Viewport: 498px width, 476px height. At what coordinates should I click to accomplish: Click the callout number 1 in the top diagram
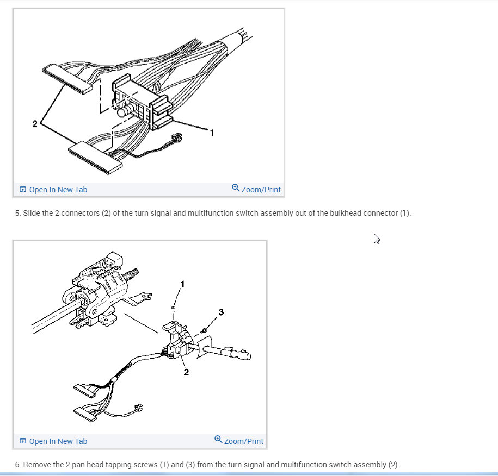[x=212, y=133]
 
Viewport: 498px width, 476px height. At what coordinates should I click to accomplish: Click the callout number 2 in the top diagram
[x=35, y=124]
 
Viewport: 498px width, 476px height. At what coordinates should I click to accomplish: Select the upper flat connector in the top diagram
[x=67, y=79]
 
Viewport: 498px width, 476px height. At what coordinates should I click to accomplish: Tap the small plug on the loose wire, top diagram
[x=176, y=137]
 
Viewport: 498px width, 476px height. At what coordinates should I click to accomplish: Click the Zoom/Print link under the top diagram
[x=256, y=189]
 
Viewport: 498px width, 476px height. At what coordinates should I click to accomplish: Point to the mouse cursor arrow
[x=377, y=239]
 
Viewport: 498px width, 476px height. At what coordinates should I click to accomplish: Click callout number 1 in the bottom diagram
[x=182, y=284]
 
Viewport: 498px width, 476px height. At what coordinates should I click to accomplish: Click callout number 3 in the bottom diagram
[x=221, y=312]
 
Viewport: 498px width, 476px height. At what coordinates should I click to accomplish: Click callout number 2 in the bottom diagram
[x=186, y=372]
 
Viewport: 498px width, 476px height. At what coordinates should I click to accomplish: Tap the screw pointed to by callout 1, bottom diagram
[x=173, y=308]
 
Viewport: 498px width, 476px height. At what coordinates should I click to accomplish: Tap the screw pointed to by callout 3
[x=204, y=331]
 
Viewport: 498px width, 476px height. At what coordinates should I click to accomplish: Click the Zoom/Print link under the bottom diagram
[x=239, y=441]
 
